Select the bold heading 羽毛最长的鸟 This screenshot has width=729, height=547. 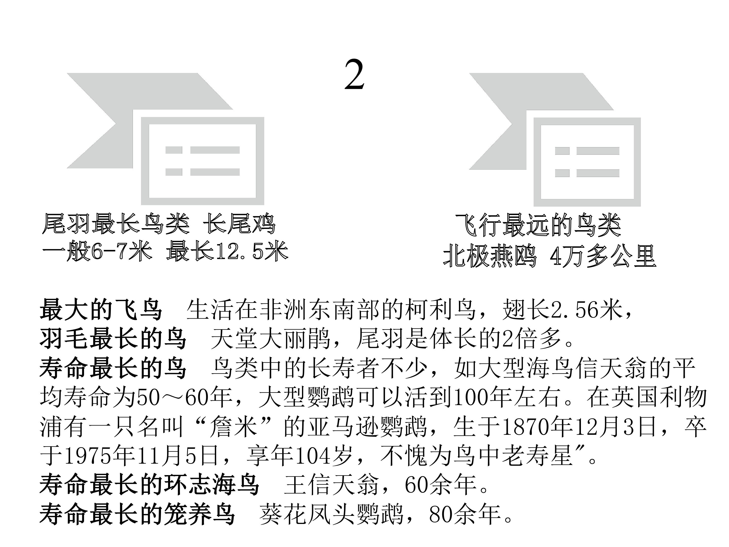113,339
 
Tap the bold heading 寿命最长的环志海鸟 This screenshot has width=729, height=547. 150,485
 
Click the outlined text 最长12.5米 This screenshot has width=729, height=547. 227,251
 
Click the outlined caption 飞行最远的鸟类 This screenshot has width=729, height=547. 538,225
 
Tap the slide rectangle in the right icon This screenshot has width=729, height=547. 587,162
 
